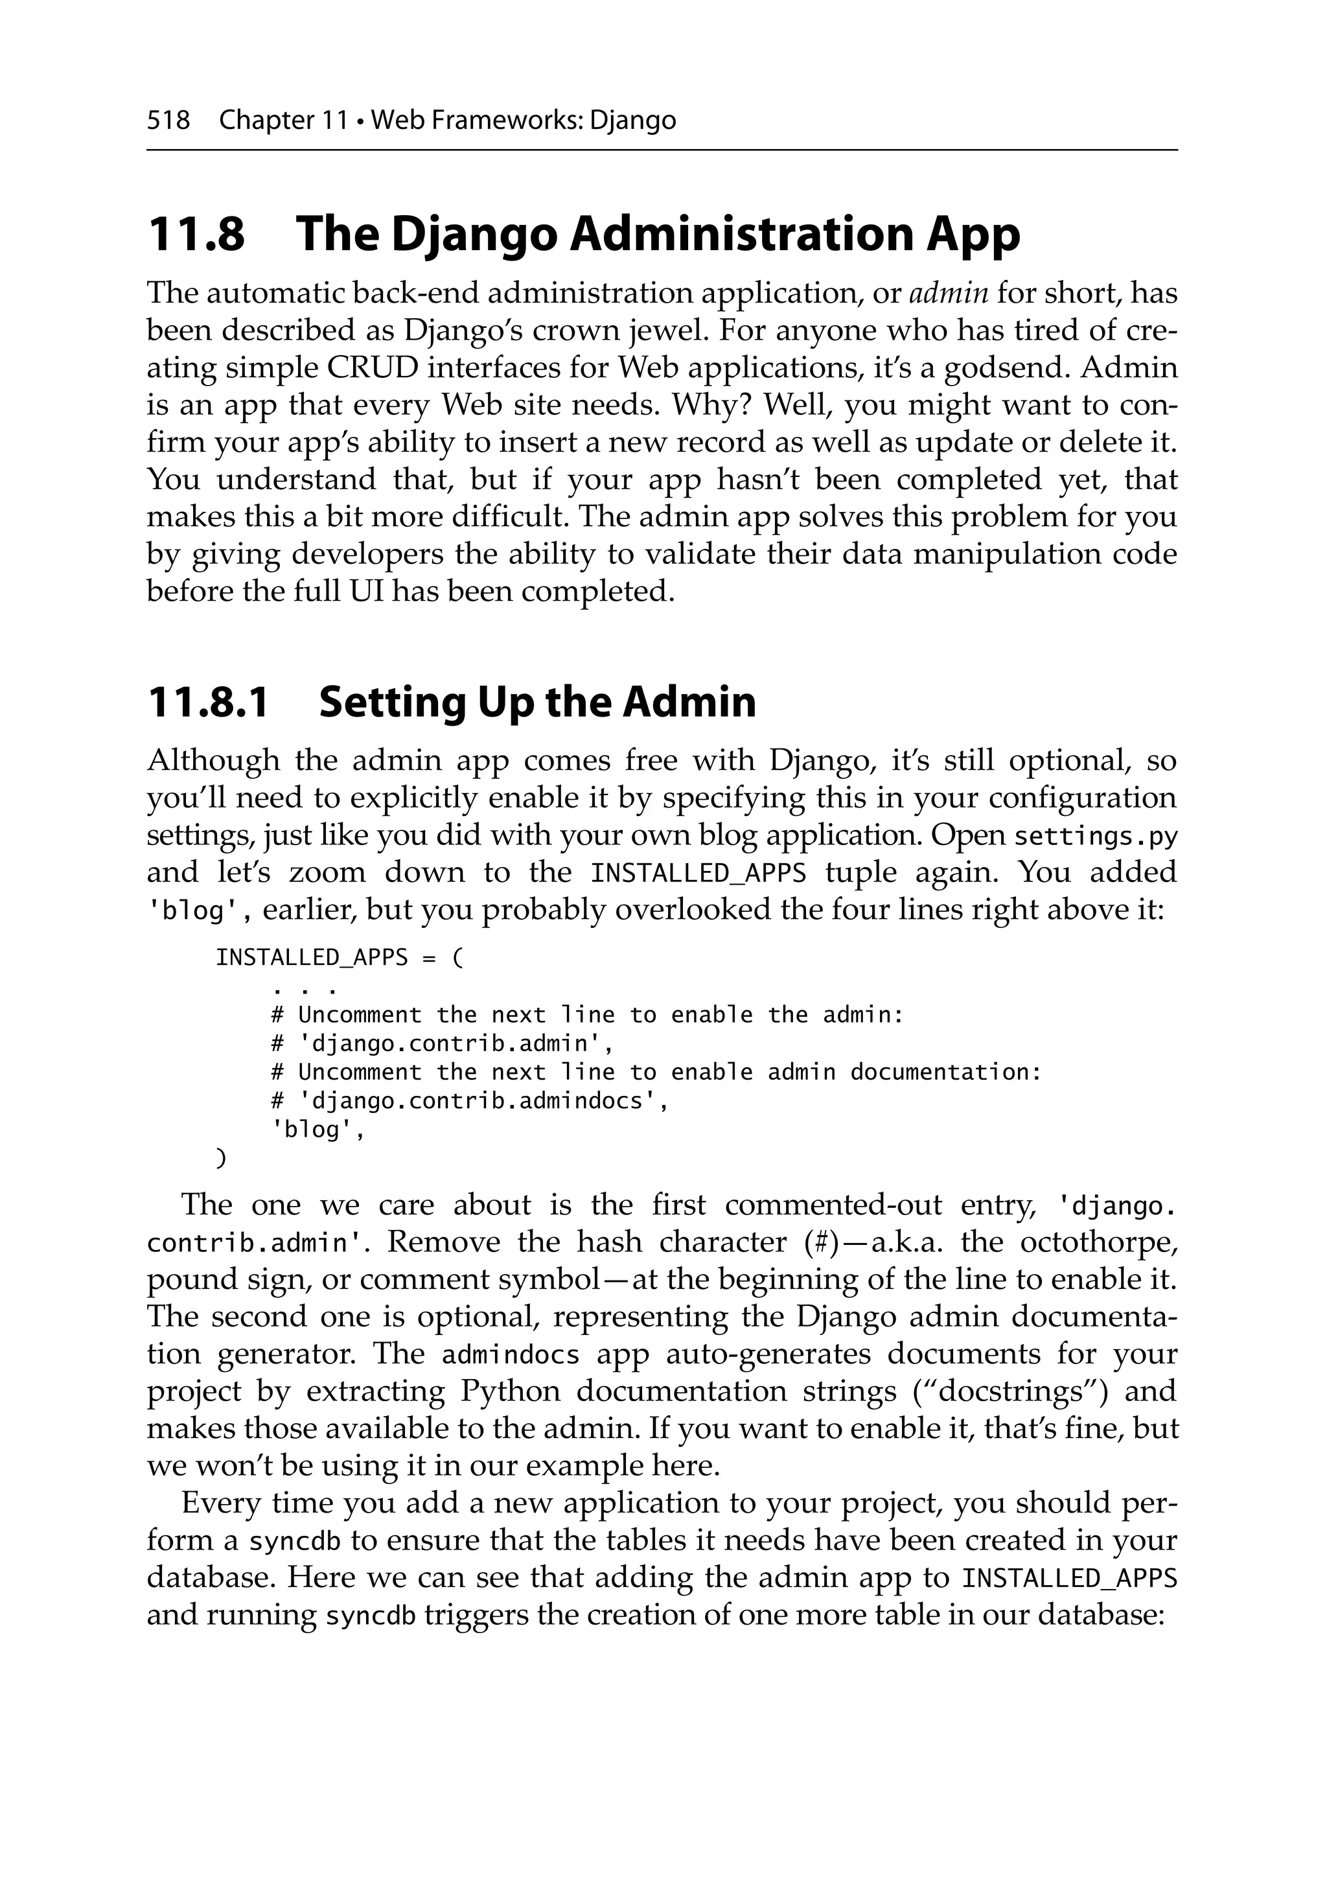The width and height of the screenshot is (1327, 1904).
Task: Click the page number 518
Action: [x=168, y=121]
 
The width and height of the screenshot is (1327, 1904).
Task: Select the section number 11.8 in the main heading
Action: [x=196, y=235]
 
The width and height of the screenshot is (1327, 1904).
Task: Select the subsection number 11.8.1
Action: [x=208, y=702]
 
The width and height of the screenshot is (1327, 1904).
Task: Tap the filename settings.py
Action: [x=1096, y=836]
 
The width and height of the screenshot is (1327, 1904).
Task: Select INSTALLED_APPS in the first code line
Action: [x=312, y=958]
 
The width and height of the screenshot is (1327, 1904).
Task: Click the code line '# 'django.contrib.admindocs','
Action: [x=469, y=1101]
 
